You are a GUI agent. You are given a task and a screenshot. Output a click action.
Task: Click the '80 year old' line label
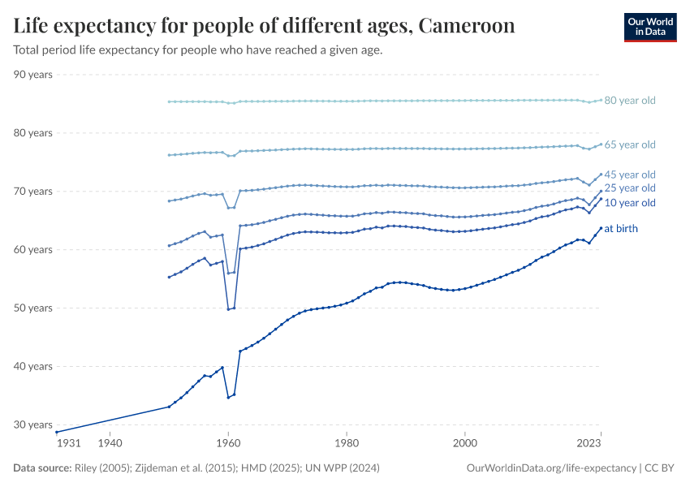pos(629,101)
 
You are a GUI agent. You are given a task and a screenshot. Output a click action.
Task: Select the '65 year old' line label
pos(629,144)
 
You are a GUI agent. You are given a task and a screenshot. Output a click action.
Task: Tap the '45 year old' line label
pos(629,175)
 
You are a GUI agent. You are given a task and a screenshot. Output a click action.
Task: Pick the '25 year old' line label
pos(629,188)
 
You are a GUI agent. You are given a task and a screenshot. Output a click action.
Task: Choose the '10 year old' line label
pos(629,203)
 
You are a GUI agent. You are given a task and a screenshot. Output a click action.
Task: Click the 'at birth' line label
pos(621,229)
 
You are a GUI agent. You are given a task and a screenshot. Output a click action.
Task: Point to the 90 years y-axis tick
pos(32,75)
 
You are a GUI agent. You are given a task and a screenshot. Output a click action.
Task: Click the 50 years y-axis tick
pos(32,308)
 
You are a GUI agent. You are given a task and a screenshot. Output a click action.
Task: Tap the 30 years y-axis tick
pos(32,425)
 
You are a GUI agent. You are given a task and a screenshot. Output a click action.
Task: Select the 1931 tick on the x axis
pos(67,444)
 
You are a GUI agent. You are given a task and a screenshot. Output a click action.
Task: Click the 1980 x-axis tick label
pos(347,444)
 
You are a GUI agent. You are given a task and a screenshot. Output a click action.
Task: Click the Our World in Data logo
pos(649,27)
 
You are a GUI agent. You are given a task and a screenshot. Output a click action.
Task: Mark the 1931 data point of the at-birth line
pos(57,432)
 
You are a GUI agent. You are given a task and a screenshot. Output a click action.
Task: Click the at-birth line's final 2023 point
pos(601,228)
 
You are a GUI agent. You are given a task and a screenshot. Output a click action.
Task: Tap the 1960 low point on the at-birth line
pos(228,397)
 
